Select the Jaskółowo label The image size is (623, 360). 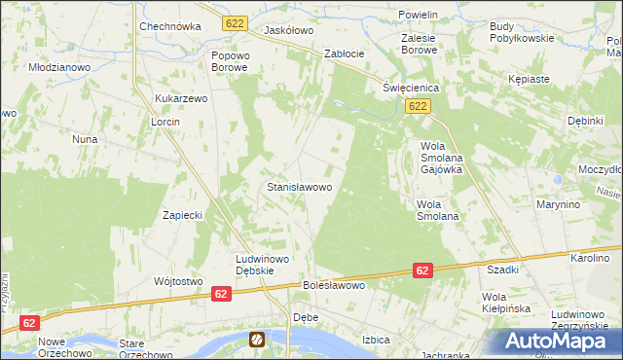[288, 30]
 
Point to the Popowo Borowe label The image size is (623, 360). [231, 61]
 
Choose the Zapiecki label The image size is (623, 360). [182, 215]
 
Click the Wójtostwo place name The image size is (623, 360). [177, 281]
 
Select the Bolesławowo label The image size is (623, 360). [333, 286]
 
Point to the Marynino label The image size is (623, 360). [558, 205]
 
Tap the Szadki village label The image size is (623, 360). [502, 270]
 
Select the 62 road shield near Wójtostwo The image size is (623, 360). [221, 293]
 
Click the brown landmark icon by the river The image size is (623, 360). [257, 339]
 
